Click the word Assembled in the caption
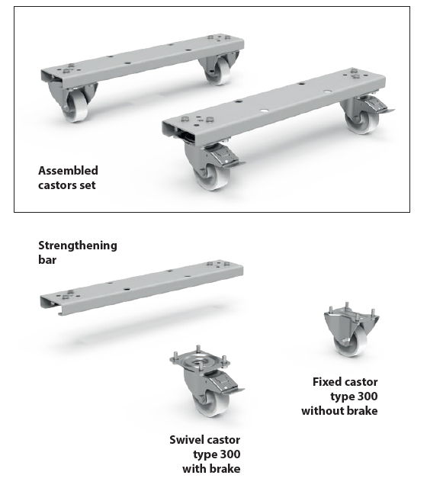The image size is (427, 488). (x=68, y=171)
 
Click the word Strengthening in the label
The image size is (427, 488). (x=78, y=246)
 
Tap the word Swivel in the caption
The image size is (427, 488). (x=185, y=440)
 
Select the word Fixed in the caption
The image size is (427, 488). (x=327, y=382)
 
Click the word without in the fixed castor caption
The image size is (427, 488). (x=323, y=411)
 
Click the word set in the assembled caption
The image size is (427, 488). (x=88, y=185)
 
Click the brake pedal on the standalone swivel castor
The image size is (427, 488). (x=226, y=384)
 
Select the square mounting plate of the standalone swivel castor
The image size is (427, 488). (x=200, y=361)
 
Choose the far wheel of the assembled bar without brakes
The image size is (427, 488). (x=219, y=72)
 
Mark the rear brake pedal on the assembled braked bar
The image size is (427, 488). (x=379, y=105)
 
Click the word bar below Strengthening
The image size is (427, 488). (x=47, y=260)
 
